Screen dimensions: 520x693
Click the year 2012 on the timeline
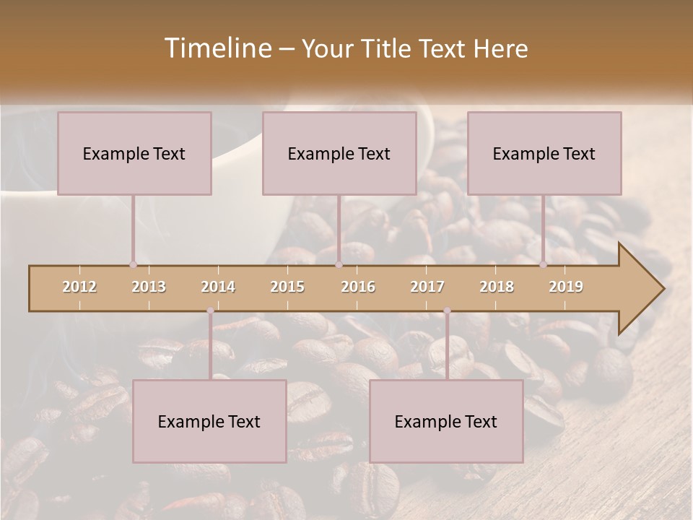coord(79,287)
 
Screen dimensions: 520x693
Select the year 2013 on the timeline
coord(149,287)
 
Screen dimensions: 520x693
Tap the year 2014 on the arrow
coord(218,287)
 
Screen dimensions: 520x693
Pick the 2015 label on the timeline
coord(287,287)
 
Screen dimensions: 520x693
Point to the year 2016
coord(358,287)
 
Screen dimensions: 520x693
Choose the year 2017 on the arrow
coord(427,287)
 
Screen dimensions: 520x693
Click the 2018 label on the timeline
coord(497,287)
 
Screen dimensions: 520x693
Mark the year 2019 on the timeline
coord(566,287)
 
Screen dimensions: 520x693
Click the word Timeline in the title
coord(217,48)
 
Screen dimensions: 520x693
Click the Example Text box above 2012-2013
coord(134,153)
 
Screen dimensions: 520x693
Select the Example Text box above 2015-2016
coord(339,153)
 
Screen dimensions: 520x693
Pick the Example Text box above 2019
coord(544,153)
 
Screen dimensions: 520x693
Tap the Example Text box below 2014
coord(209,421)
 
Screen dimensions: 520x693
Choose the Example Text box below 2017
coord(446,421)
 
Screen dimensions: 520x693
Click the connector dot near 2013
coord(133,264)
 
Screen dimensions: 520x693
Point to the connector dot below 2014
coord(210,311)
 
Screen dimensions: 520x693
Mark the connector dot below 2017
coord(447,311)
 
